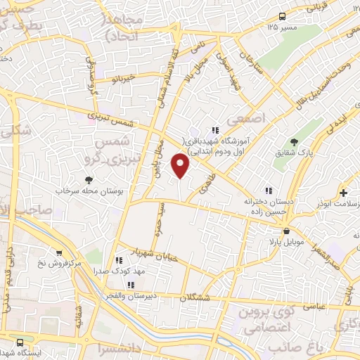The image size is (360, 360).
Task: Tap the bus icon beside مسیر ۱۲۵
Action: (x=282, y=16)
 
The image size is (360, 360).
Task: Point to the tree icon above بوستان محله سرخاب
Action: (x=88, y=180)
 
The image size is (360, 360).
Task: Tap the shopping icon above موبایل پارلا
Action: (x=286, y=231)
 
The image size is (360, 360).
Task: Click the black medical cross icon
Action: (x=343, y=192)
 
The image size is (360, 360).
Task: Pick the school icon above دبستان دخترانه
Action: (x=267, y=190)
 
